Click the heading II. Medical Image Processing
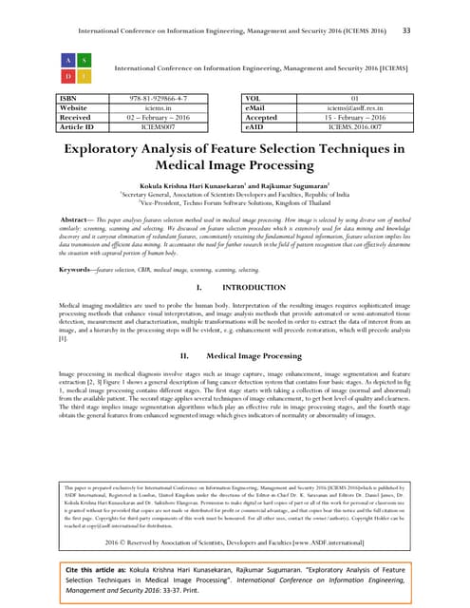pyautogui.click(x=236, y=408)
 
